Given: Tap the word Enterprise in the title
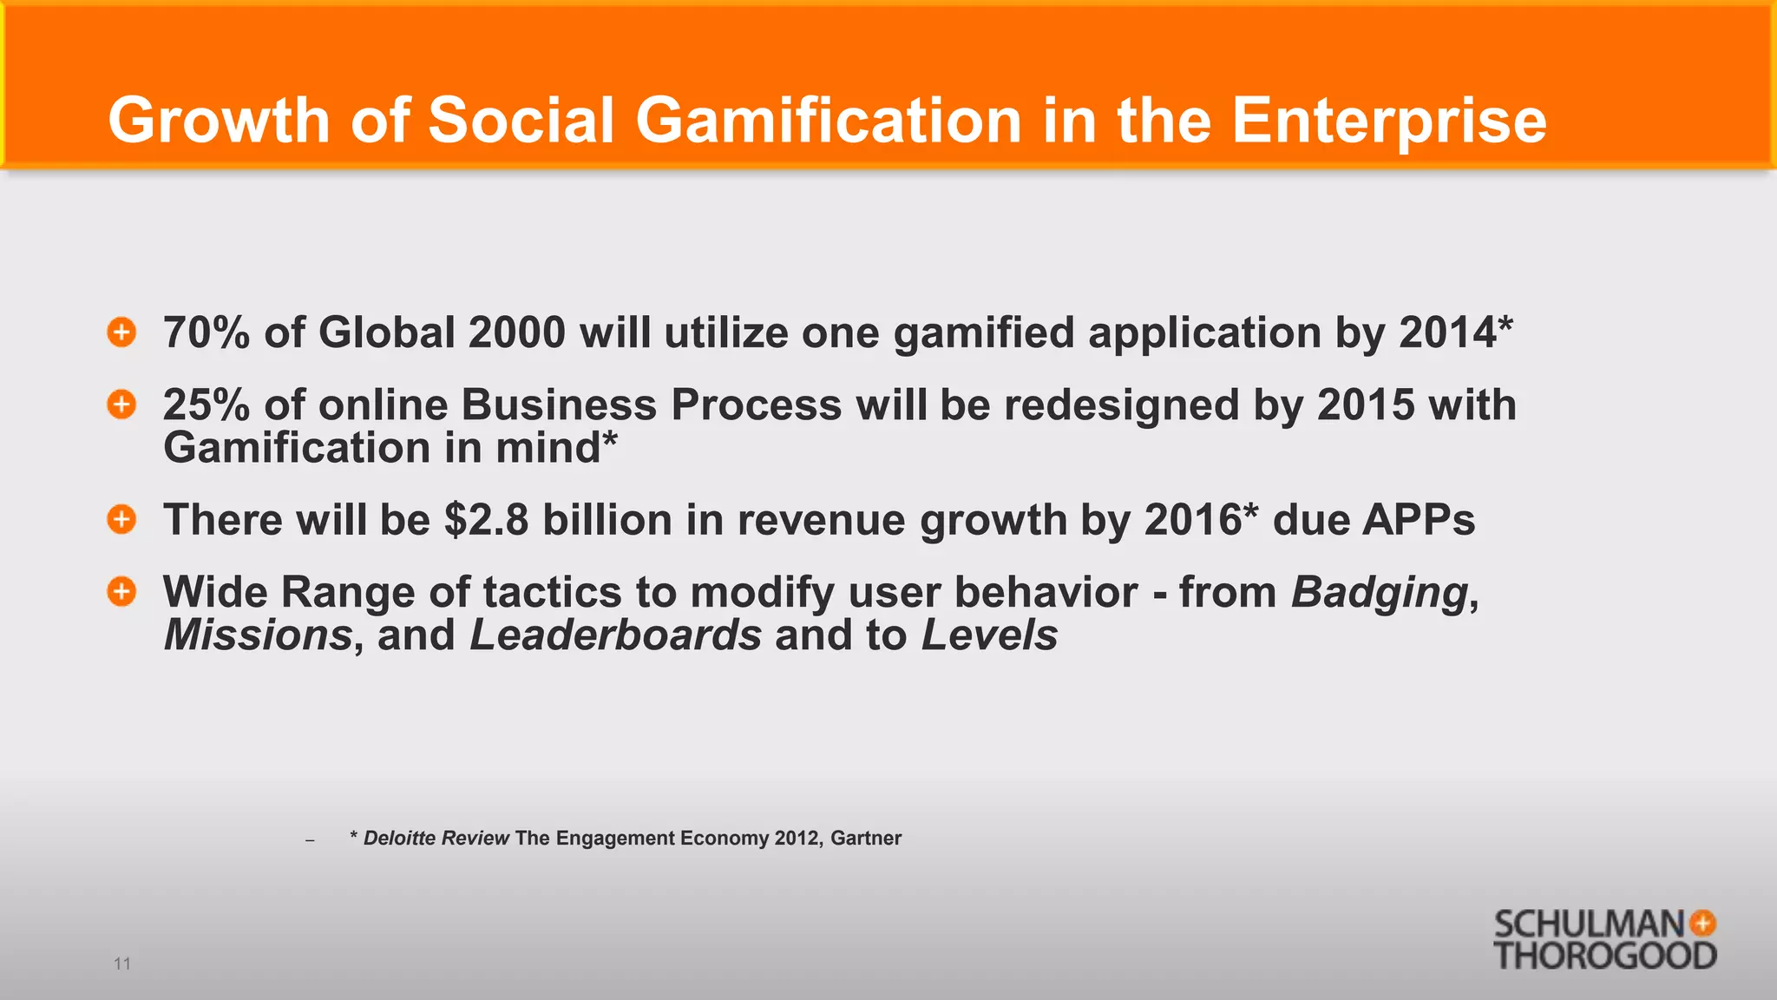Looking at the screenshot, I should (1388, 120).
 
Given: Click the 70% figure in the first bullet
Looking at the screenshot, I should (207, 332).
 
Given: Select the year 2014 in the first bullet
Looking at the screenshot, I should (1447, 332).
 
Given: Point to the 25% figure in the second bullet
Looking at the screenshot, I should (207, 405).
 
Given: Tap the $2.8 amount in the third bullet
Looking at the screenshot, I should (486, 520).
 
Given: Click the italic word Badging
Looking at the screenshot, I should (1380, 593).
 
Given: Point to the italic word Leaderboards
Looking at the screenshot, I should (615, 635).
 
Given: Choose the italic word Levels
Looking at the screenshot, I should (989, 635).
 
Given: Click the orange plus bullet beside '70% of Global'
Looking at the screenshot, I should (121, 332).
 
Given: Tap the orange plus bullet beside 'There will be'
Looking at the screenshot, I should (121, 519).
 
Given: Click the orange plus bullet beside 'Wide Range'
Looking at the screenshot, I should (121, 591).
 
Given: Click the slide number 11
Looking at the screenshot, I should (122, 964).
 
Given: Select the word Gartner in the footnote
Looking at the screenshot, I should (866, 839).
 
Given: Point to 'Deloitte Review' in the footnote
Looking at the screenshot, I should (436, 839).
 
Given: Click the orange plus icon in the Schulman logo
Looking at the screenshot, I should (1702, 923).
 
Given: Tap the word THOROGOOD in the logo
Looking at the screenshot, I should (1604, 956).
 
